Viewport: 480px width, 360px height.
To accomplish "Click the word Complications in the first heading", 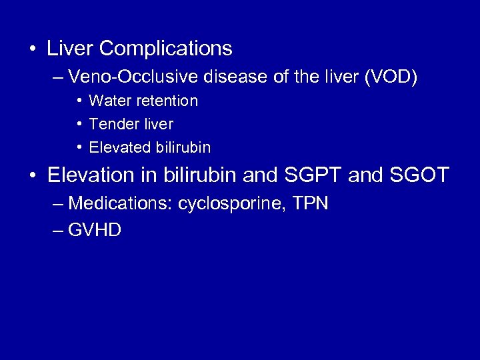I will click(x=166, y=49).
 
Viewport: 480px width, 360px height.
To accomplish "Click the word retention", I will click(x=166, y=101).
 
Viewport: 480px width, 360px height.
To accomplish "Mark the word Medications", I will click(x=120, y=203).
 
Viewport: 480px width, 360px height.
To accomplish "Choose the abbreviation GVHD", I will click(x=95, y=231).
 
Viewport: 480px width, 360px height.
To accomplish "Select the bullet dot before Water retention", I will click(x=79, y=101).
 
